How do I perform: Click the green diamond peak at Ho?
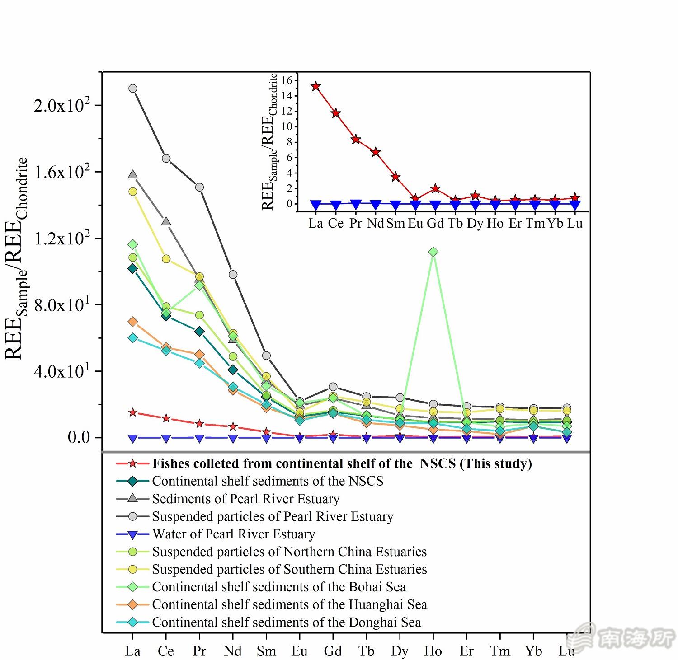(433, 252)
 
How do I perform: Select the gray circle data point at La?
(132, 89)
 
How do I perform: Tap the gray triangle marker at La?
(132, 174)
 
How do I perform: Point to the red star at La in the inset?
(315, 86)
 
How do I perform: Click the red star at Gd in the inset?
(435, 188)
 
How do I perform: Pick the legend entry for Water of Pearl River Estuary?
(233, 534)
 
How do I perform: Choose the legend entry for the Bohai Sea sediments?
(279, 587)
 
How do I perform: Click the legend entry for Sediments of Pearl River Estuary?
(245, 499)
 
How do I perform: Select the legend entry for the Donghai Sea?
(286, 622)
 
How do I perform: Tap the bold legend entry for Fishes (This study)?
(341, 463)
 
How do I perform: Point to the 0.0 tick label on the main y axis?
(79, 437)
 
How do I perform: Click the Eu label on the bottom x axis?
(299, 651)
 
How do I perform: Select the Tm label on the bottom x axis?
(500, 651)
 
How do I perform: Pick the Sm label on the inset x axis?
(395, 223)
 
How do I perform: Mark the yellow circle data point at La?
(132, 192)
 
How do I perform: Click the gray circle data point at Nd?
(233, 275)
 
